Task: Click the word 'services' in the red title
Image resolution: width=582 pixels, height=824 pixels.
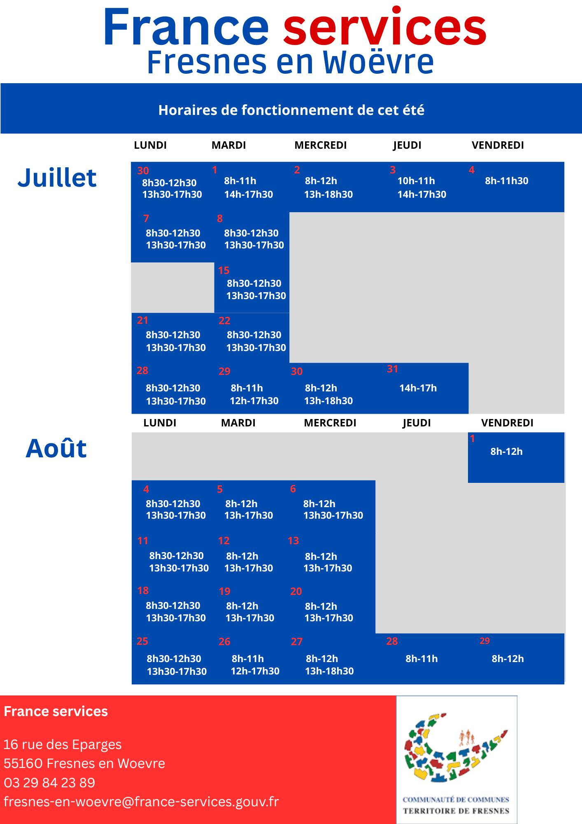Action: tap(385, 28)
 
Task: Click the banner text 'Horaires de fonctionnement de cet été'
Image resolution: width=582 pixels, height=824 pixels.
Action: tap(291, 110)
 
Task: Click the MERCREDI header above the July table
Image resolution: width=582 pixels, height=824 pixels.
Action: tap(321, 145)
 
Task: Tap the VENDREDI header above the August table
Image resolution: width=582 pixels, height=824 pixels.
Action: tap(507, 423)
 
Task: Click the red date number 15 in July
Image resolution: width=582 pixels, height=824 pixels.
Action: tap(223, 270)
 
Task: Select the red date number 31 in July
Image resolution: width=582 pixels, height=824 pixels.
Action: tap(392, 369)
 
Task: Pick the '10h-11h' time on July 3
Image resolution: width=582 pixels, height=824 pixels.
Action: tap(416, 180)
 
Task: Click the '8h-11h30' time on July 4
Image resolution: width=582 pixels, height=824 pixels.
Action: tap(507, 180)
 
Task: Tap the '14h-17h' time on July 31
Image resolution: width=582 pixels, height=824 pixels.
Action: tap(418, 388)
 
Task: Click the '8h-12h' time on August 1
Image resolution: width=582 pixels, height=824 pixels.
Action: tap(506, 451)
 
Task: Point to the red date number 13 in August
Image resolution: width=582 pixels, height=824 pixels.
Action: tap(293, 541)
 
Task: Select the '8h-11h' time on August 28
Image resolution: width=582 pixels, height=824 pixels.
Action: tap(421, 658)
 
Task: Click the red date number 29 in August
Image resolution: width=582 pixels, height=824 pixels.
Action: tap(484, 641)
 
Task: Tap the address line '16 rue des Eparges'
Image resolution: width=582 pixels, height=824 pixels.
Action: tap(63, 745)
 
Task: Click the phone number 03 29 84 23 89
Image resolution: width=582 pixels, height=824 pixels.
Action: tap(49, 782)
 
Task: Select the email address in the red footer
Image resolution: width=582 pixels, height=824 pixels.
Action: tap(141, 801)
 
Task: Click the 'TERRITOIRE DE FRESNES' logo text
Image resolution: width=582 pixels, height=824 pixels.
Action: tap(456, 811)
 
